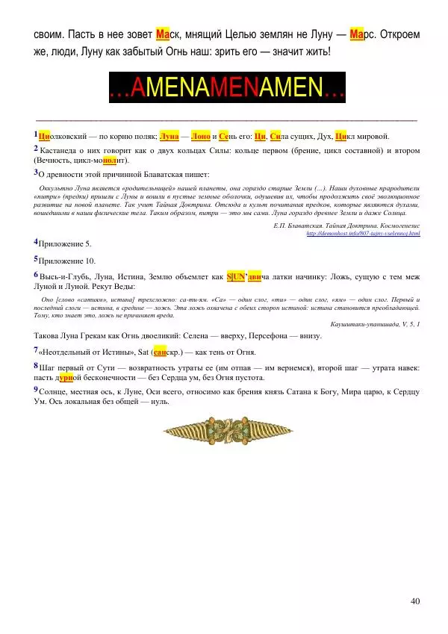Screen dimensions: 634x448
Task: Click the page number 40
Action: (415, 602)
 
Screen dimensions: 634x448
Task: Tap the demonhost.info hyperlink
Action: (364, 234)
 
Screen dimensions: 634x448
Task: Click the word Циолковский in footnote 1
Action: (63, 137)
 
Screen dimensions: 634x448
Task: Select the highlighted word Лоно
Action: (201, 137)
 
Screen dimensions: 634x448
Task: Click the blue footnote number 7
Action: (36, 349)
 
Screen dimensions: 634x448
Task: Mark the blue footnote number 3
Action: (36, 173)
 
